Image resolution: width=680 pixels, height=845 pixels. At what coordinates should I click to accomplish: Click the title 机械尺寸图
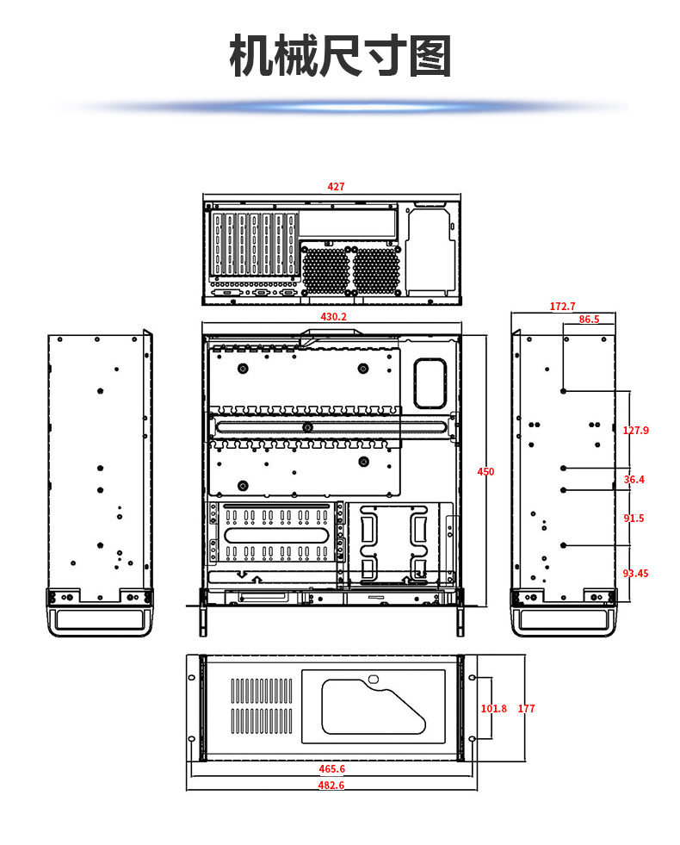click(x=340, y=58)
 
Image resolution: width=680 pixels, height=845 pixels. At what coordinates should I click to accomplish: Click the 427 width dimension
click(x=336, y=186)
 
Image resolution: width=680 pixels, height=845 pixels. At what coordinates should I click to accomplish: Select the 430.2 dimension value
click(x=333, y=317)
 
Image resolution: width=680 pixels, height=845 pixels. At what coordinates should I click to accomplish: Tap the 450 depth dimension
click(x=485, y=471)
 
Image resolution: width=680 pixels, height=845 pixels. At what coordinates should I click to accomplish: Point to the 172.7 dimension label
click(x=562, y=307)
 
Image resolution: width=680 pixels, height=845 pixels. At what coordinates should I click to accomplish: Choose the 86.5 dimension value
click(x=589, y=320)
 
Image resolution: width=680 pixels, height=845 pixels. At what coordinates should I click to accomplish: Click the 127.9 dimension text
click(x=635, y=431)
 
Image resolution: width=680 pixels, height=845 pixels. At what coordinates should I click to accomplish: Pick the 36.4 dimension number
click(x=634, y=480)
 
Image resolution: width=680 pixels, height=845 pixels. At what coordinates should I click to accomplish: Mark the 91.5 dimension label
click(x=634, y=518)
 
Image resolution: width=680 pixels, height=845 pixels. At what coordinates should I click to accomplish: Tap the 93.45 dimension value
click(x=635, y=574)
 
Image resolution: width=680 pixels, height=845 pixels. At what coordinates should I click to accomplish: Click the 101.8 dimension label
click(x=493, y=709)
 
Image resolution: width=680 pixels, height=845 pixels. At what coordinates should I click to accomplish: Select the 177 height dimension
click(x=526, y=709)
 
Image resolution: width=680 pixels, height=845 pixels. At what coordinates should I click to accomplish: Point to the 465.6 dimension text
click(x=331, y=769)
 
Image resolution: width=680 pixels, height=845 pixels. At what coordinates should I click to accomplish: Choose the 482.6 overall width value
click(x=331, y=786)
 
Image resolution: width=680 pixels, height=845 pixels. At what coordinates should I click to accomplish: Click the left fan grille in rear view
click(x=326, y=269)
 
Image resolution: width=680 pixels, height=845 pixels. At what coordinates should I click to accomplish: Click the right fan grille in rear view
click(x=376, y=269)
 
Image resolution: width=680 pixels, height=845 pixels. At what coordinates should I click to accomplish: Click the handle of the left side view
click(x=100, y=618)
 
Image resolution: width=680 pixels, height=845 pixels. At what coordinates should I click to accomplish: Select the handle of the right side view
click(x=564, y=618)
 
